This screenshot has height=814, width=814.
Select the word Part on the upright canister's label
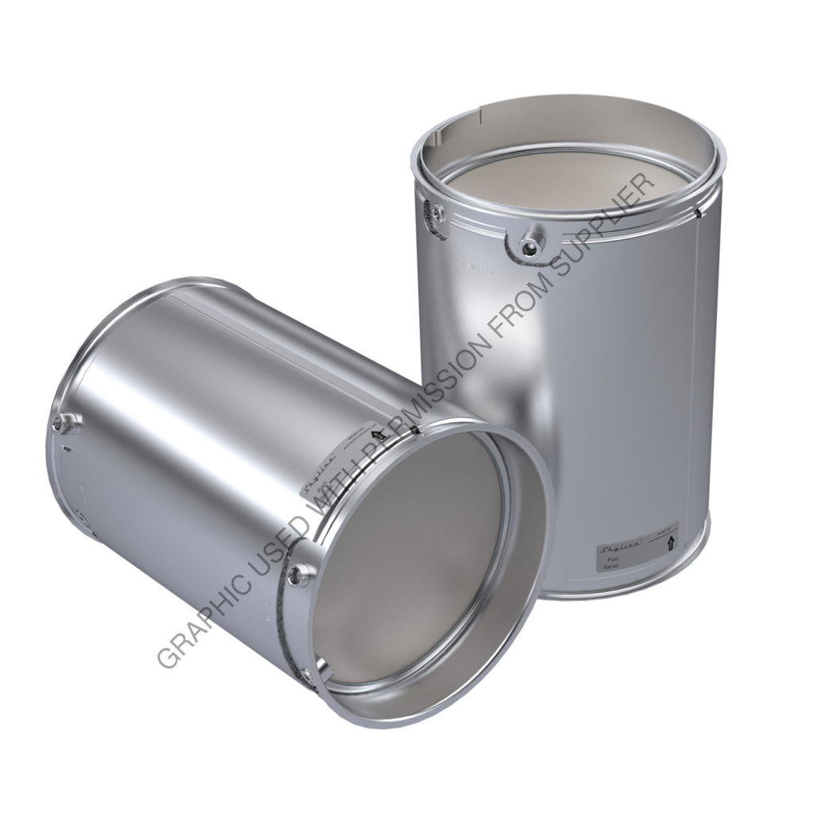click(613, 560)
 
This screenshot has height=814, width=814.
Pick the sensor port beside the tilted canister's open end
click(298, 575)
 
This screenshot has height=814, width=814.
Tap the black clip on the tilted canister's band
click(417, 431)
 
